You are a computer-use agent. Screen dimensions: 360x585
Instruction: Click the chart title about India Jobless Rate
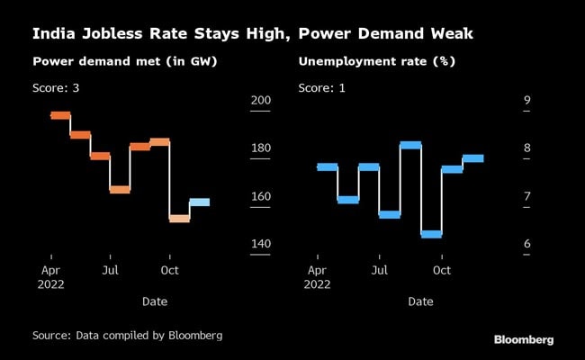(253, 35)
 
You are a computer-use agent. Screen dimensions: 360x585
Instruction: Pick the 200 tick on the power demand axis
(260, 101)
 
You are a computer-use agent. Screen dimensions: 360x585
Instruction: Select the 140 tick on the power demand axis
(260, 244)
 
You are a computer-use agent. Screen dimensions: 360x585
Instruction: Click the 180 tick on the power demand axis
(260, 148)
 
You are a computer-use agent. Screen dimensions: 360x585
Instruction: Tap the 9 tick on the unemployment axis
(527, 101)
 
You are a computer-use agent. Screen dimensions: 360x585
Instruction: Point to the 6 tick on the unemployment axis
(527, 244)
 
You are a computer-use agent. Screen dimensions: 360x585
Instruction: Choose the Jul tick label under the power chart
(110, 269)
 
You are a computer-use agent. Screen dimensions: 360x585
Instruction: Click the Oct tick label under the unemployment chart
(442, 269)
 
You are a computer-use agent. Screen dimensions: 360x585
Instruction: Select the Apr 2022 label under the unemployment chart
(318, 275)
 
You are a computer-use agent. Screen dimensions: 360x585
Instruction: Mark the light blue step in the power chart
(200, 202)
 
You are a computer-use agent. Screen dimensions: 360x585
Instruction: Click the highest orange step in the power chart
(60, 115)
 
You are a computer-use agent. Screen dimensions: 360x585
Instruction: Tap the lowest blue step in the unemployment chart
(431, 234)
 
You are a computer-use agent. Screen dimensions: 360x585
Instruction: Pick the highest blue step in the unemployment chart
(410, 145)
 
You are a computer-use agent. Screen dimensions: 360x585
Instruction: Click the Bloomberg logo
(524, 339)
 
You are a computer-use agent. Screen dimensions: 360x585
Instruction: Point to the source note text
(127, 335)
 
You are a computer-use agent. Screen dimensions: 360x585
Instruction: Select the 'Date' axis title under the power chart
(154, 301)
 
